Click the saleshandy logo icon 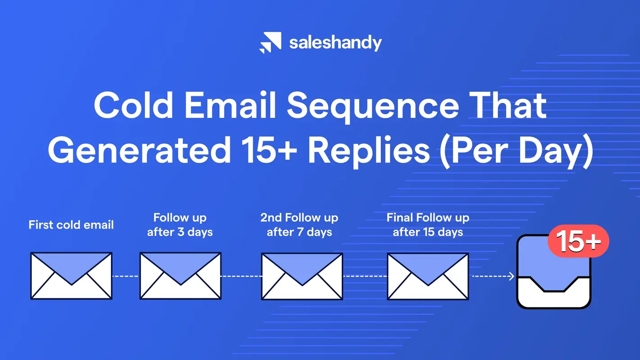pyautogui.click(x=270, y=43)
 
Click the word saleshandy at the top pyautogui.click(x=335, y=43)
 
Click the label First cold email pyautogui.click(x=71, y=225)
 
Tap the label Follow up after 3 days pyautogui.click(x=180, y=225)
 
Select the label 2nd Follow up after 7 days pyautogui.click(x=299, y=225)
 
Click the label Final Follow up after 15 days pyautogui.click(x=428, y=225)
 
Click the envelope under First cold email pyautogui.click(x=71, y=275)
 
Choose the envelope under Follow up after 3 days pyautogui.click(x=180, y=275)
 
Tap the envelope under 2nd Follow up pyautogui.click(x=302, y=275)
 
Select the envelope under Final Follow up pyautogui.click(x=428, y=275)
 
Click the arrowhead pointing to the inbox pyautogui.click(x=511, y=276)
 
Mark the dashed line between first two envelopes pyautogui.click(x=126, y=276)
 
